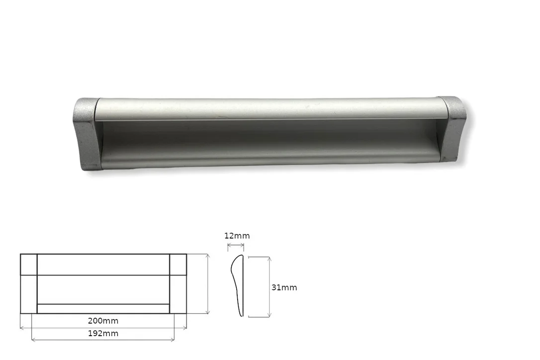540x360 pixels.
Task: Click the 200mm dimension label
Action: (x=103, y=321)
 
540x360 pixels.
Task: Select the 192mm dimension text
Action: (x=103, y=334)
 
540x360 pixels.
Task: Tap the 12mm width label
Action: (x=237, y=236)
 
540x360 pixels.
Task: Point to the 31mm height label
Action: (x=284, y=287)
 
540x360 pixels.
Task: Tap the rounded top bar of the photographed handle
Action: (x=270, y=108)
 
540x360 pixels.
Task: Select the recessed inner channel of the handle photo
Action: (x=270, y=142)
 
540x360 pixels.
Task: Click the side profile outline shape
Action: (x=237, y=285)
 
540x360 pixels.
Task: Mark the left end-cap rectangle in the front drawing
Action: (x=28, y=283)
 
